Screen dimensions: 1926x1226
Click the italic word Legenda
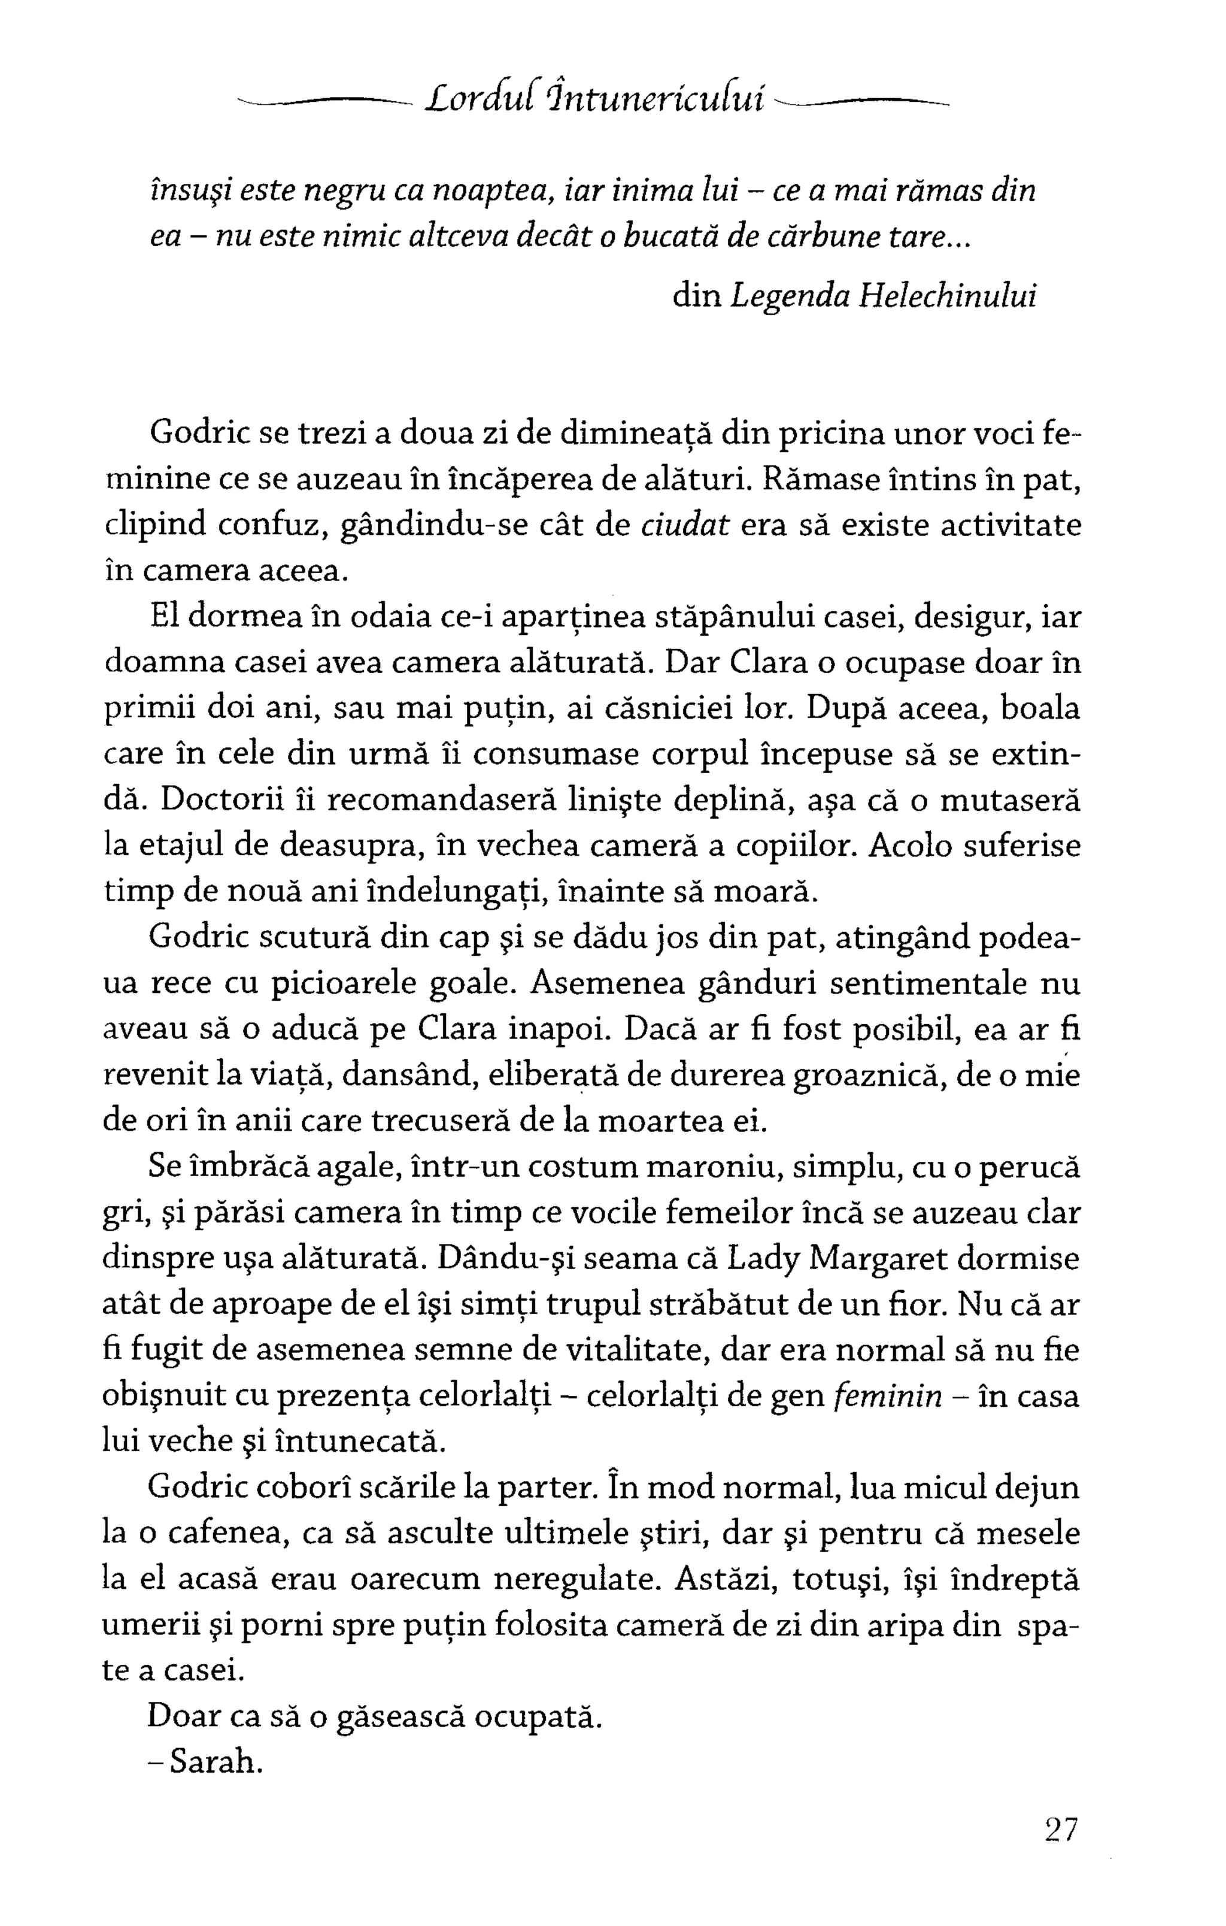click(790, 298)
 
